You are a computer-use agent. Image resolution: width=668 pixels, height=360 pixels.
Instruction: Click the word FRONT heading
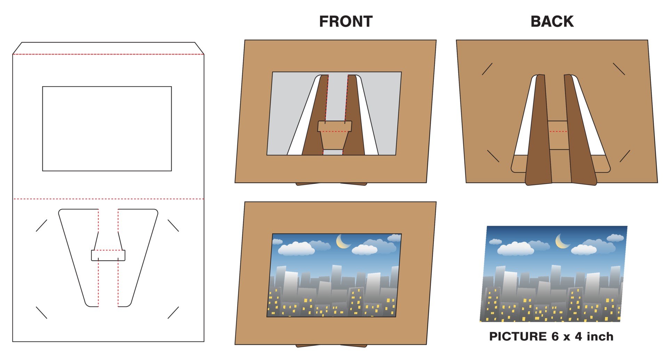tap(345, 22)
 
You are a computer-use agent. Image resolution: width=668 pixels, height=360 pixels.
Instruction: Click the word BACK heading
tap(552, 22)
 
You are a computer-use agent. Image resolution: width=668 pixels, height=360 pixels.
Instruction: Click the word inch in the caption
tap(600, 336)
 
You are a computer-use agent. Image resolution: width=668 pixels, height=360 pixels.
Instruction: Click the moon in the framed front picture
tap(343, 241)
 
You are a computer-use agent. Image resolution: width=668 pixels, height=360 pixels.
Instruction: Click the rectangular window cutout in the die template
tap(107, 129)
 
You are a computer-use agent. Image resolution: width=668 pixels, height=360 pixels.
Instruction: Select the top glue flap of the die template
tap(108, 48)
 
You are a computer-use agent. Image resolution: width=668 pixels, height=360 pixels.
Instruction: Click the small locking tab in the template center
tap(108, 255)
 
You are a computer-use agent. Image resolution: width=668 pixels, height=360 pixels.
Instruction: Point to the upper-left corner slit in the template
tap(41, 225)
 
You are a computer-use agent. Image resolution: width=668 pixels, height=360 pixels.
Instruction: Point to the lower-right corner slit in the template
tap(173, 312)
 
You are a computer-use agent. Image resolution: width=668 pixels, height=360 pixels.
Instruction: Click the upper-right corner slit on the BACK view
tap(619, 69)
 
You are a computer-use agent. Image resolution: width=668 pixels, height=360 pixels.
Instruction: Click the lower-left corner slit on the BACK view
tap(493, 156)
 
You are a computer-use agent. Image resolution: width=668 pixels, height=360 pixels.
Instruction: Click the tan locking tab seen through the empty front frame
tap(334, 137)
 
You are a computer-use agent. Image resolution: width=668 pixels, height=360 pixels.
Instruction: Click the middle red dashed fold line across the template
tap(108, 199)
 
